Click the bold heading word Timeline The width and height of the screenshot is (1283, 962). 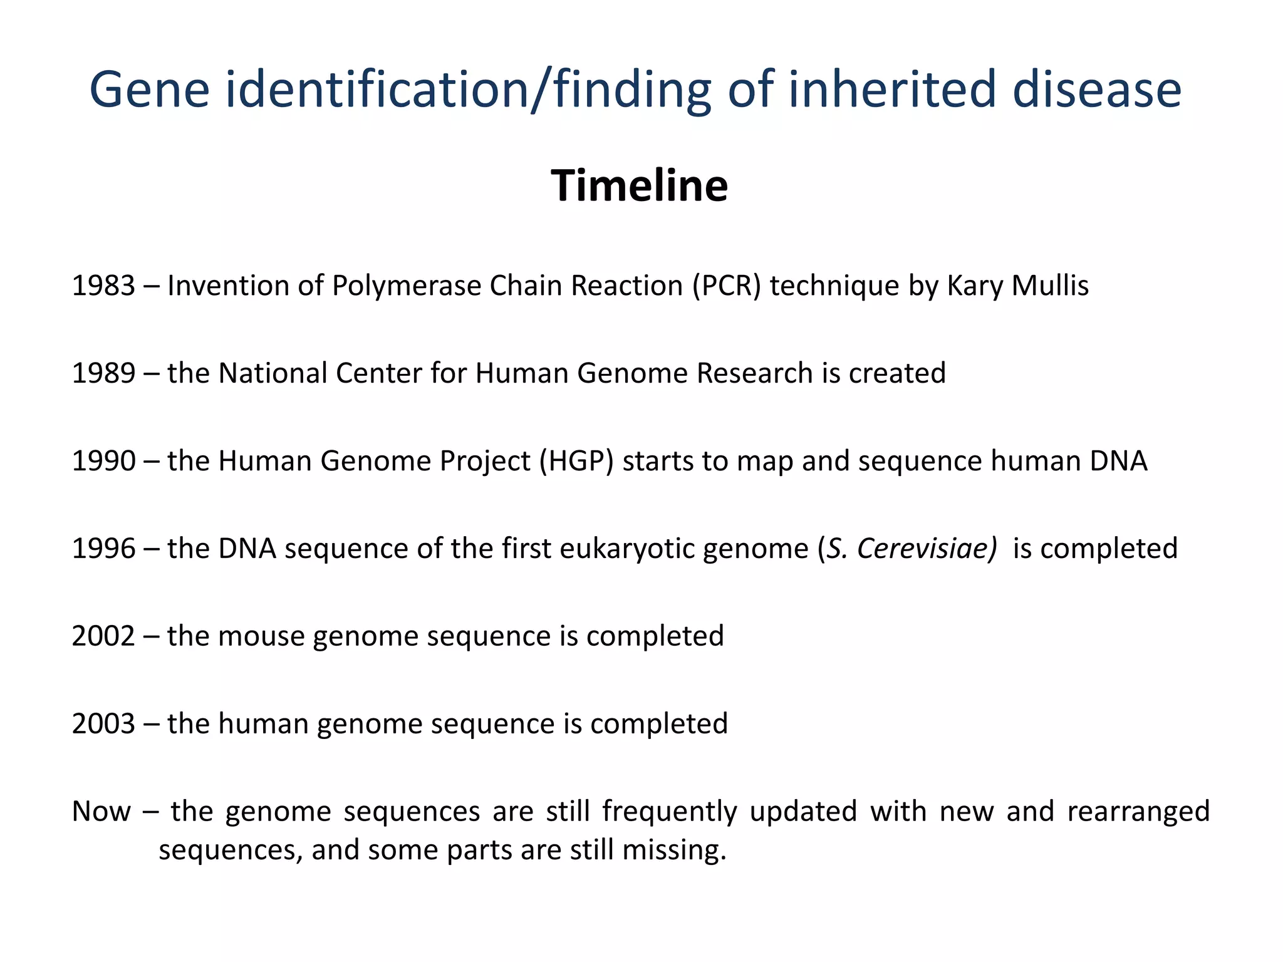[639, 186]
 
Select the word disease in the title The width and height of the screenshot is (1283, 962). [1096, 90]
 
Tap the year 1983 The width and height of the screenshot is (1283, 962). [103, 286]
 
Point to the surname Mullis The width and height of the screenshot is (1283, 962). [1050, 286]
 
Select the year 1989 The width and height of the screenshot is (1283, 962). [103, 374]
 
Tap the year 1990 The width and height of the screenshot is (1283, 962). [103, 462]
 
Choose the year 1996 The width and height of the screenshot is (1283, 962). [103, 549]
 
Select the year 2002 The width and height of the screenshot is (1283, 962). [103, 637]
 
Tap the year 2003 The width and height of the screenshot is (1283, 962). [103, 725]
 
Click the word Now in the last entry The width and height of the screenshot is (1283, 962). [101, 812]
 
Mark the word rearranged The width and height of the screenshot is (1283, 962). [1138, 812]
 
